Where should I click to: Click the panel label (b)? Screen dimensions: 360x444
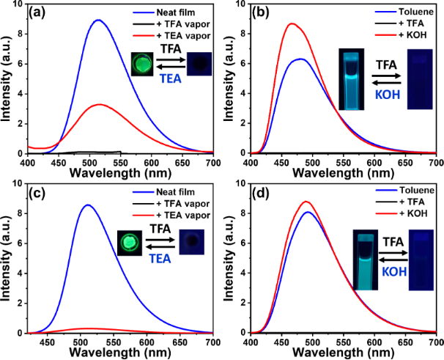(263, 12)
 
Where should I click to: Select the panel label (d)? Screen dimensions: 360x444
(263, 192)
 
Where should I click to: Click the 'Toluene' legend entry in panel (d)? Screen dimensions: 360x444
(402, 193)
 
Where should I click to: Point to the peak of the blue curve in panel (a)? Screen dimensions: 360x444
(98, 21)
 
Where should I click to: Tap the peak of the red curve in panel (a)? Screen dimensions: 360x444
(99, 105)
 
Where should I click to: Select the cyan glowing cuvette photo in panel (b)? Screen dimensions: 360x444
(353, 78)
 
